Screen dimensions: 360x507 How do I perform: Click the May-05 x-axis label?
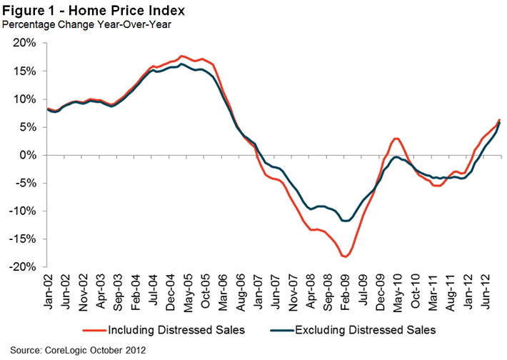pyautogui.click(x=189, y=289)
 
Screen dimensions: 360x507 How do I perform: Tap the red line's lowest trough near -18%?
pyautogui.click(x=346, y=256)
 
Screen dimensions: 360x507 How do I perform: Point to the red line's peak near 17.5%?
pyautogui.click(x=182, y=56)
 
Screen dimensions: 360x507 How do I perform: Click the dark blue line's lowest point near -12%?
pyautogui.click(x=346, y=221)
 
